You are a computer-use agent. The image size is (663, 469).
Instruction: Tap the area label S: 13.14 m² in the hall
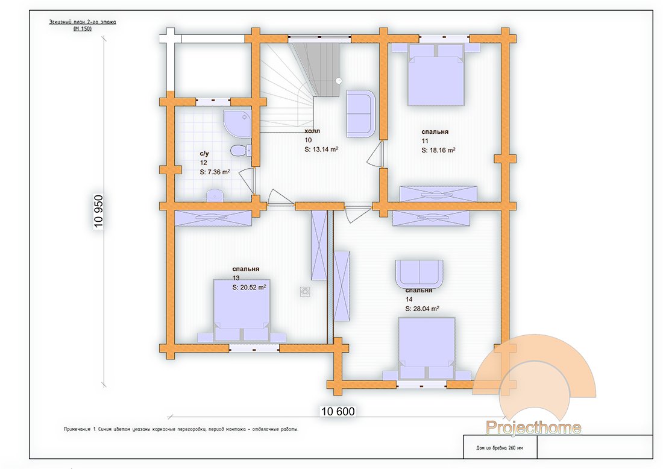coord(321,149)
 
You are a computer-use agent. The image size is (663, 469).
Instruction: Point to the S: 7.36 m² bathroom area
coord(215,172)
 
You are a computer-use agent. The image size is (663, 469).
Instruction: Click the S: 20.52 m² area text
coord(249,288)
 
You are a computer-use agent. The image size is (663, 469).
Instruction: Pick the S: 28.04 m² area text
coord(422,308)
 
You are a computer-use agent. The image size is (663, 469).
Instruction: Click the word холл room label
coord(313,130)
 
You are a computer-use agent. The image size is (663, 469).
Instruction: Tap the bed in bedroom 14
coord(426,350)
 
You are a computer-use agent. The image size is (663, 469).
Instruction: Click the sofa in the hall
coord(360,113)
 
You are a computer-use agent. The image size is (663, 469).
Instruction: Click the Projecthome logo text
coord(533,428)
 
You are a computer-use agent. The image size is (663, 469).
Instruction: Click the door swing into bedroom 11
coord(376,155)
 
